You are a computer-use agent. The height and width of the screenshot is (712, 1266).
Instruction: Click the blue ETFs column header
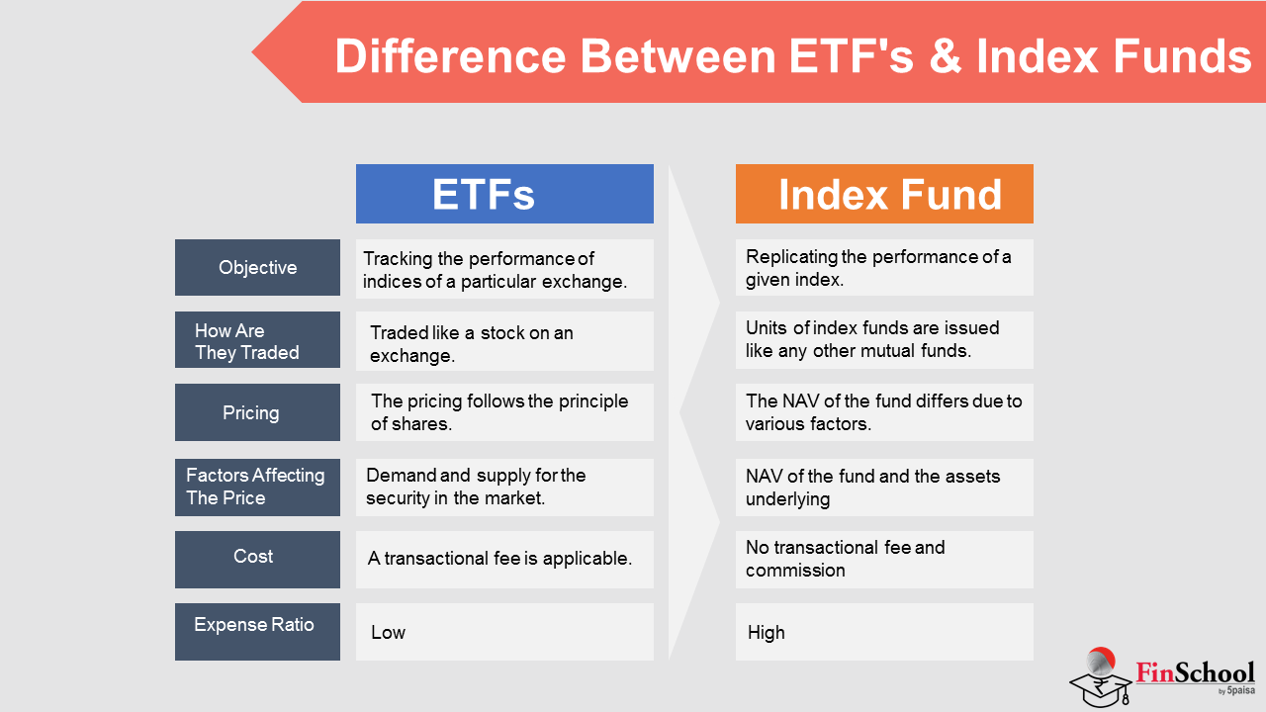tap(504, 194)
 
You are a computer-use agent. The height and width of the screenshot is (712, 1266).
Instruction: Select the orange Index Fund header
tap(884, 194)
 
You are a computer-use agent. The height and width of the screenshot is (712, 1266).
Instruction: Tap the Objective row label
tap(258, 267)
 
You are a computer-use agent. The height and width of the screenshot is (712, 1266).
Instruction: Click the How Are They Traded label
tap(258, 339)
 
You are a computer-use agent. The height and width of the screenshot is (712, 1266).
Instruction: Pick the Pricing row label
tap(258, 412)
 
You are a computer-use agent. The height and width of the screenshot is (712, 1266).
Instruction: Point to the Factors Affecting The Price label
tap(258, 488)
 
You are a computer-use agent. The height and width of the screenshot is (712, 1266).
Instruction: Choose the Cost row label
tap(258, 560)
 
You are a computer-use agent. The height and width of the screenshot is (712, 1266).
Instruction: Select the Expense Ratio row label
tap(258, 632)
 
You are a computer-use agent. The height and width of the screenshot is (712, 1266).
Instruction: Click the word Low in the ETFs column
tap(389, 632)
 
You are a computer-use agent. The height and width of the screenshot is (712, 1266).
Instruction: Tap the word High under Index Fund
tap(767, 632)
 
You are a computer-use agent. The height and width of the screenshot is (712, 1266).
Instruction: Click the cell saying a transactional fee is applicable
tap(504, 560)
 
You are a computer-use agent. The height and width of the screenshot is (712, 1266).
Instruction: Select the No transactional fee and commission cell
tap(884, 560)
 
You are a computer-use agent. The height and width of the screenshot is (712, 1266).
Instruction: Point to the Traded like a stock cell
tap(504, 341)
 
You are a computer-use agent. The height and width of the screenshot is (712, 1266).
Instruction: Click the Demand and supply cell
tap(504, 488)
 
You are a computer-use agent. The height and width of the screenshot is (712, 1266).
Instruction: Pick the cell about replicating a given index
tap(884, 267)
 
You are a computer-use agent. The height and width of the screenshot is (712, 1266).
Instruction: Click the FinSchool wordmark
tap(1196, 673)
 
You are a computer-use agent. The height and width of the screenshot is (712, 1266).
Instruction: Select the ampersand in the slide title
tap(945, 56)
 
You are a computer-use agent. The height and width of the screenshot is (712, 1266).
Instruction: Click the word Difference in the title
tap(450, 56)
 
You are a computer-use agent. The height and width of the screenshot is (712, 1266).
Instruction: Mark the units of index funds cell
tap(884, 339)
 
